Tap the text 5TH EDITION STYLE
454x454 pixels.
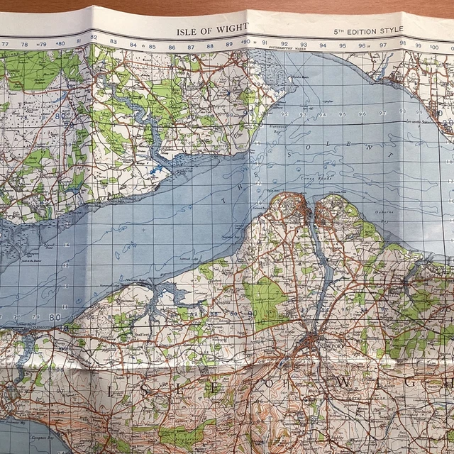pyautogui.click(x=368, y=31)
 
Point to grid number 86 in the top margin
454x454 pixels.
pyautogui.click(x=172, y=48)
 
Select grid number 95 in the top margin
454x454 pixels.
pyautogui.click(x=342, y=45)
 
